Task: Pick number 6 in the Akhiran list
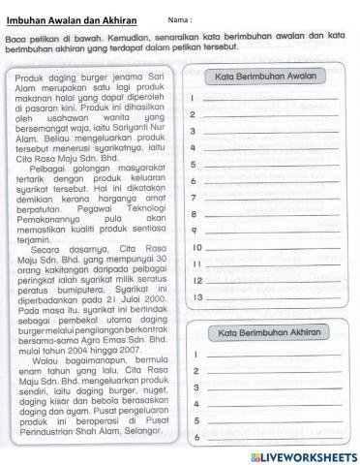point(195,438)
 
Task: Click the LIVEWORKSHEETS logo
point(303,454)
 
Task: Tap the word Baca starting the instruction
point(15,39)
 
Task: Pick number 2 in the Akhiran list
point(195,371)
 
